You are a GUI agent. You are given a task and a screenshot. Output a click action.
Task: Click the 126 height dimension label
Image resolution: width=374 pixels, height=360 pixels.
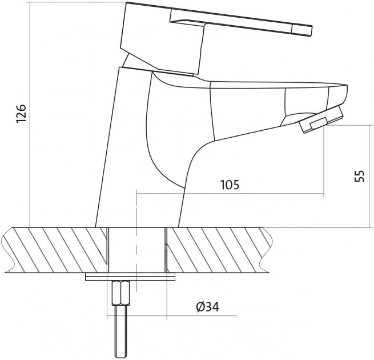pyautogui.click(x=21, y=113)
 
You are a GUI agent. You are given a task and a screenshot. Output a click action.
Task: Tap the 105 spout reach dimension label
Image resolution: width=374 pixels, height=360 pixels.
pyautogui.click(x=230, y=185)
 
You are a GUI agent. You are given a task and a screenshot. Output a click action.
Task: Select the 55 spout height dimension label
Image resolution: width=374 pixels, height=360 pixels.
pyautogui.click(x=360, y=176)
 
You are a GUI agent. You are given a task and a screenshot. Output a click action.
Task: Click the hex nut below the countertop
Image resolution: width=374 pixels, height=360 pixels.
pyautogui.click(x=121, y=293)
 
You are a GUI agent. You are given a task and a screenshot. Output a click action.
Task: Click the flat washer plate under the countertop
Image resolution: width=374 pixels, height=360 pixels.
pyautogui.click(x=130, y=277)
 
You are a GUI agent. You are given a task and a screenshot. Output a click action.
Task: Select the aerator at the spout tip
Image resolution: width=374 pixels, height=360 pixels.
pyautogui.click(x=321, y=119)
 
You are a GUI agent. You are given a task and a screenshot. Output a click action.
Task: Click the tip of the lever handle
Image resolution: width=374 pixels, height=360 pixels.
pyautogui.click(x=312, y=31)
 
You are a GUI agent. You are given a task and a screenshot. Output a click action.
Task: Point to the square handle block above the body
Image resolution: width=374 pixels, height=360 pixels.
pyautogui.click(x=162, y=38)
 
